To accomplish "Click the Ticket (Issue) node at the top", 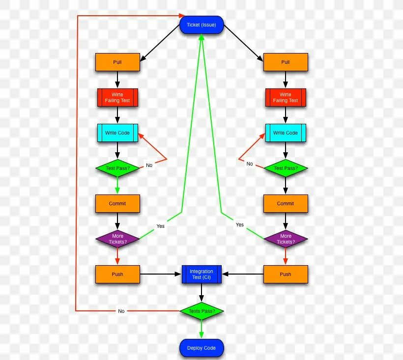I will point(201,25).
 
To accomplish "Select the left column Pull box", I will point(117,62).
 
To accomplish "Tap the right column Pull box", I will point(286,62).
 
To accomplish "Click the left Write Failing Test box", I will point(117,97).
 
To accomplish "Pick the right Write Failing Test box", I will point(286,97).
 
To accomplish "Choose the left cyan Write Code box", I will point(117,133).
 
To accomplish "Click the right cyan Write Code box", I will point(286,133).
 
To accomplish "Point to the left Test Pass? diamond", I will point(117,168).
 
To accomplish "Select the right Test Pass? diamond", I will point(286,168).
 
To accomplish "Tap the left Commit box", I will point(117,203).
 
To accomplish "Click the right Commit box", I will point(286,203).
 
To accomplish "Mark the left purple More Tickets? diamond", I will point(117,239).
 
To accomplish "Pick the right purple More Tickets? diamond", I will point(286,239).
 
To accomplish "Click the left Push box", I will point(117,274).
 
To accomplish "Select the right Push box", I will point(286,274).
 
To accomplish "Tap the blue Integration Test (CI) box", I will point(201,274).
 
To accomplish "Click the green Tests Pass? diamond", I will point(201,311).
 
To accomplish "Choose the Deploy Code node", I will point(201,348).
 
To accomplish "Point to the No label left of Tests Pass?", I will point(121,311).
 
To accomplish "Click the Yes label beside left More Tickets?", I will point(161,226).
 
